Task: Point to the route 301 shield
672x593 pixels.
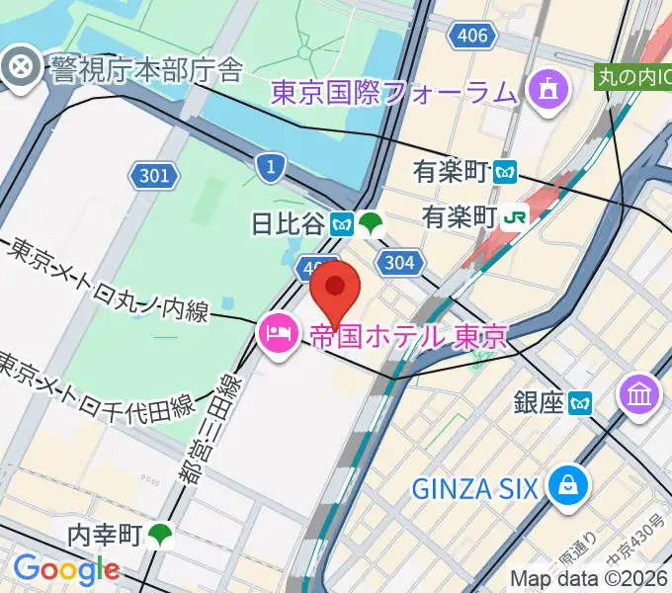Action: [x=154, y=177]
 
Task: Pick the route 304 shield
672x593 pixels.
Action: [x=400, y=262]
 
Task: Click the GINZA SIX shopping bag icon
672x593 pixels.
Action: [x=571, y=485]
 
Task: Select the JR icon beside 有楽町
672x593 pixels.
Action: [x=515, y=216]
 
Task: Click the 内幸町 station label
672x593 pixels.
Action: [x=105, y=536]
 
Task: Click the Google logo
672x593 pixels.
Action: [x=66, y=569]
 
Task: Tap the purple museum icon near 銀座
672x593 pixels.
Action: [x=638, y=395]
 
